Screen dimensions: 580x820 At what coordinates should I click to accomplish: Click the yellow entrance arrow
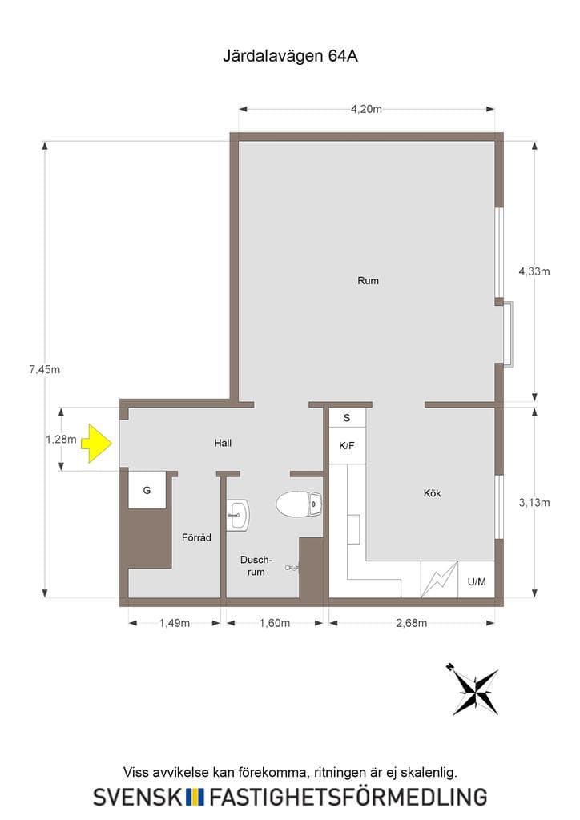[97, 443]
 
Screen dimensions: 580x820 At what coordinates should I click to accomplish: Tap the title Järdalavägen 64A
[290, 57]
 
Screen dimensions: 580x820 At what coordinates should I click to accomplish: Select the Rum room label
[368, 281]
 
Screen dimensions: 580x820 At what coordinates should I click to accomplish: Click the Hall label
[223, 443]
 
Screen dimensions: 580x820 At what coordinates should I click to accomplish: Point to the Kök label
[433, 493]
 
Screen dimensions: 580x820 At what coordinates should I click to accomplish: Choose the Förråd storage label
[196, 537]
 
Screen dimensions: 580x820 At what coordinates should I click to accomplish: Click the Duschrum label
[256, 566]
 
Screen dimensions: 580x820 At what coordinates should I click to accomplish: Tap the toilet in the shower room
[299, 504]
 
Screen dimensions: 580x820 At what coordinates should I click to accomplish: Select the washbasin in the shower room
[238, 515]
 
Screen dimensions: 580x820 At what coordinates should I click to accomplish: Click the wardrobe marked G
[147, 490]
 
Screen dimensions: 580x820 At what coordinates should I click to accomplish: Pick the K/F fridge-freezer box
[347, 445]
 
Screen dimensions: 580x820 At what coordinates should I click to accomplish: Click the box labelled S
[347, 418]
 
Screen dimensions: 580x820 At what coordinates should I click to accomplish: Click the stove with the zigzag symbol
[439, 580]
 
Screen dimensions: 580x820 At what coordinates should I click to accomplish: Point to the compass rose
[474, 690]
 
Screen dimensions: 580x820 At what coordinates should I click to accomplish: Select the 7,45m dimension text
[44, 369]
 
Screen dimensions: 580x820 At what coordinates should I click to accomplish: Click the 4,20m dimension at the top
[366, 109]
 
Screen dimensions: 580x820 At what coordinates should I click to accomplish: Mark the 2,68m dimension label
[412, 623]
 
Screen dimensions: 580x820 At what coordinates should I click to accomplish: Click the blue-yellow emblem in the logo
[195, 797]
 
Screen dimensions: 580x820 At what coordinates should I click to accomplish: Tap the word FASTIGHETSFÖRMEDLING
[348, 797]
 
